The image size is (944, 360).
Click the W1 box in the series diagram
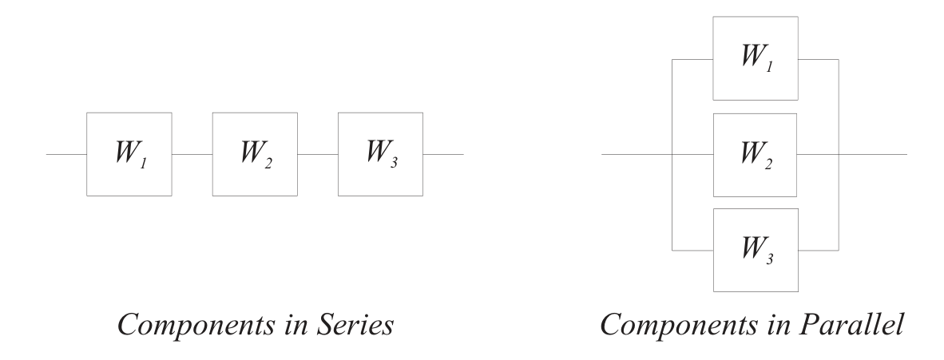pyautogui.click(x=129, y=154)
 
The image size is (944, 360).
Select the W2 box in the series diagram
pyautogui.click(x=255, y=154)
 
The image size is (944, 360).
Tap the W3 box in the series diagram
pyautogui.click(x=380, y=154)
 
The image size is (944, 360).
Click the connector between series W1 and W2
pyautogui.click(x=192, y=154)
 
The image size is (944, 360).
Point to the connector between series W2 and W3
pyautogui.click(x=318, y=154)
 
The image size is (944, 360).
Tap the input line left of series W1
pyautogui.click(x=66, y=154)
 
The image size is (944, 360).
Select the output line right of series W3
pyautogui.click(x=443, y=154)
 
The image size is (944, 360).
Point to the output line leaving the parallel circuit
pyautogui.click(x=874, y=154)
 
